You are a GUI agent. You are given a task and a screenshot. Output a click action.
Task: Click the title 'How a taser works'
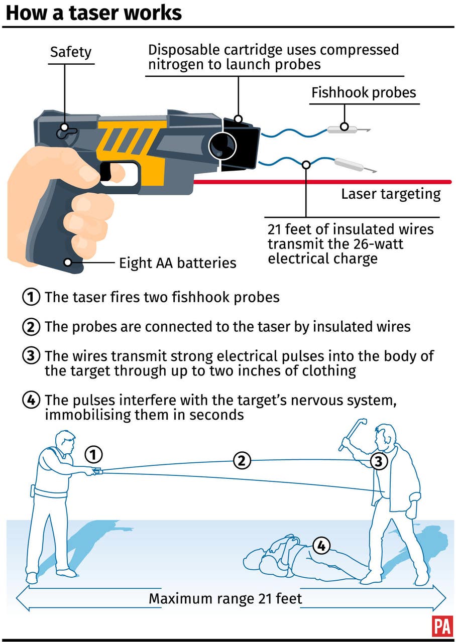(x=93, y=13)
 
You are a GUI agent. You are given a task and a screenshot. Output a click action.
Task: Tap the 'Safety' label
(x=71, y=52)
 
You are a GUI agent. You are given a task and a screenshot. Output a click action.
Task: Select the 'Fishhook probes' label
(x=364, y=93)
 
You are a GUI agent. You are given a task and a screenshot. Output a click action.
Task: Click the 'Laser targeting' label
(x=391, y=194)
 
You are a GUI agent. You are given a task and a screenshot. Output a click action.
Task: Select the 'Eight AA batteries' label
(x=177, y=263)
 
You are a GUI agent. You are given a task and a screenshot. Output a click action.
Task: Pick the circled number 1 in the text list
(x=31, y=297)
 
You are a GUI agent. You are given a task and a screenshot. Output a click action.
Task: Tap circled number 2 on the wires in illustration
(x=242, y=460)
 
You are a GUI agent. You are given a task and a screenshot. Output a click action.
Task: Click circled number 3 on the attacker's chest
(x=379, y=461)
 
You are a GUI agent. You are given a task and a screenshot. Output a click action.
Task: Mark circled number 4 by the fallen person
(x=321, y=545)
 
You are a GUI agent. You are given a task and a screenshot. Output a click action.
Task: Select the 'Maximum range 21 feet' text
(x=225, y=599)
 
